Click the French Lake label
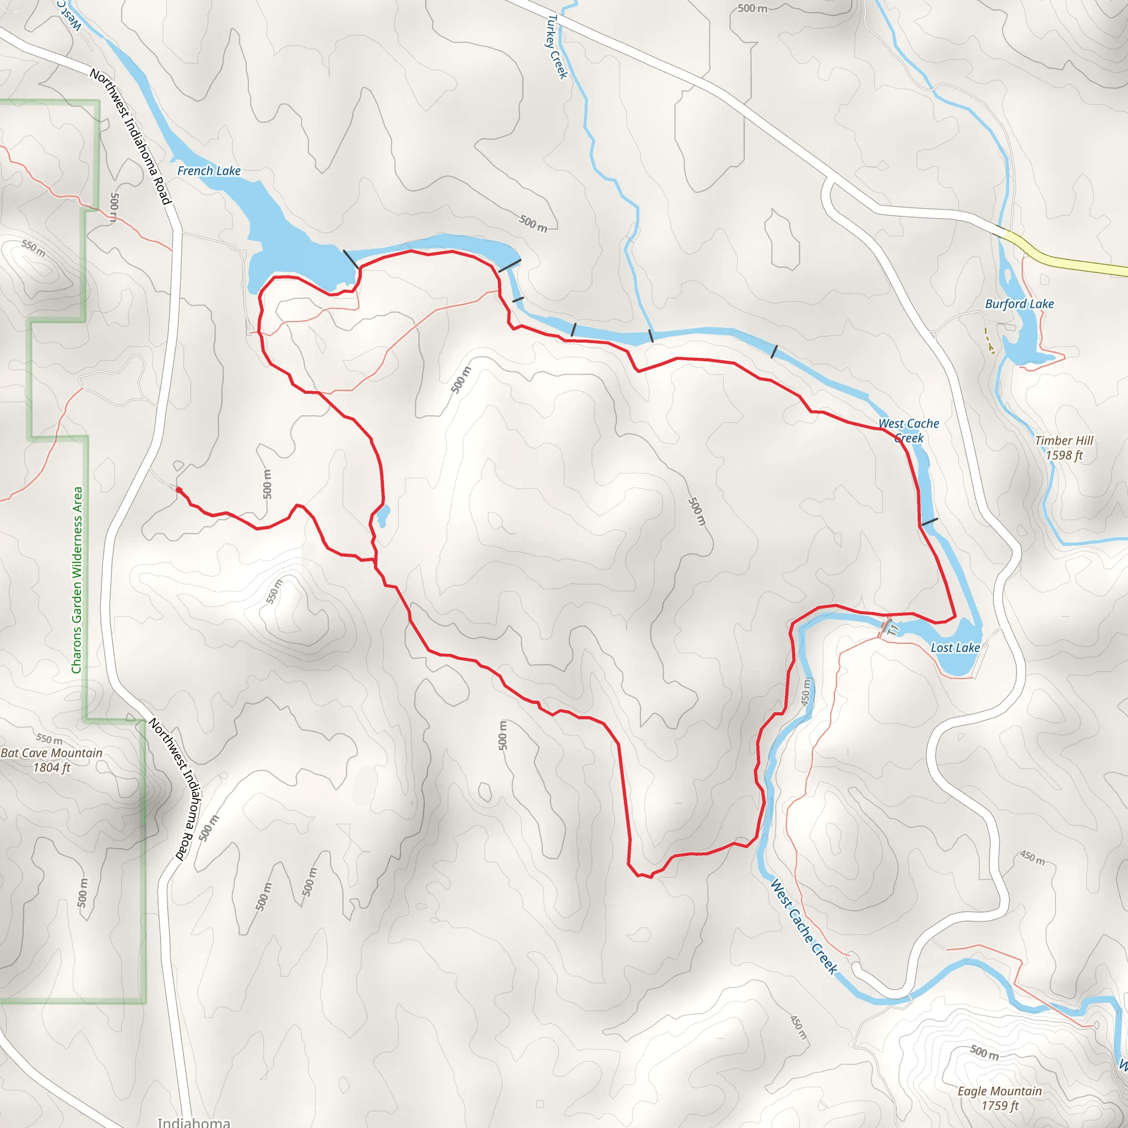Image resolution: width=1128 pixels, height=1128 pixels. click(x=208, y=171)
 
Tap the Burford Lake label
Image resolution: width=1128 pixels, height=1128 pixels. click(x=1019, y=303)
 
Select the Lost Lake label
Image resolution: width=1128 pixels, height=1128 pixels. click(x=955, y=648)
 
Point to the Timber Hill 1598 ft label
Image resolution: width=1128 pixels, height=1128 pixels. click(x=1064, y=448)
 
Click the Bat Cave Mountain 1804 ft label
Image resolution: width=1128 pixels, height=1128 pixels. click(x=51, y=760)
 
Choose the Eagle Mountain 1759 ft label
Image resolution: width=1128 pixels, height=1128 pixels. click(x=1000, y=1098)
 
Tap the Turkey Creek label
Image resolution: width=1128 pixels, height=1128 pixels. click(x=556, y=47)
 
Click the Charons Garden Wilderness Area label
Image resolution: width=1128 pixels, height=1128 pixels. click(x=77, y=580)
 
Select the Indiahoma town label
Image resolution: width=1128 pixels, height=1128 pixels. click(x=193, y=1122)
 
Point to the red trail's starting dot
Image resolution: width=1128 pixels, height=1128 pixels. click(x=178, y=490)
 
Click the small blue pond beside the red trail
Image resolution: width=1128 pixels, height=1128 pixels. click(x=383, y=516)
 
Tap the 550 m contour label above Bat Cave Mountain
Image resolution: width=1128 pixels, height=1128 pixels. click(x=49, y=739)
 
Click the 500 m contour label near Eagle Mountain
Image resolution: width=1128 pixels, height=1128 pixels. click(x=984, y=1052)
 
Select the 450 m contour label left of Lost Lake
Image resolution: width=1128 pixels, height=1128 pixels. click(x=806, y=692)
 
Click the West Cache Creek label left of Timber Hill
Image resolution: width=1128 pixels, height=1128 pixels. click(x=908, y=430)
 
